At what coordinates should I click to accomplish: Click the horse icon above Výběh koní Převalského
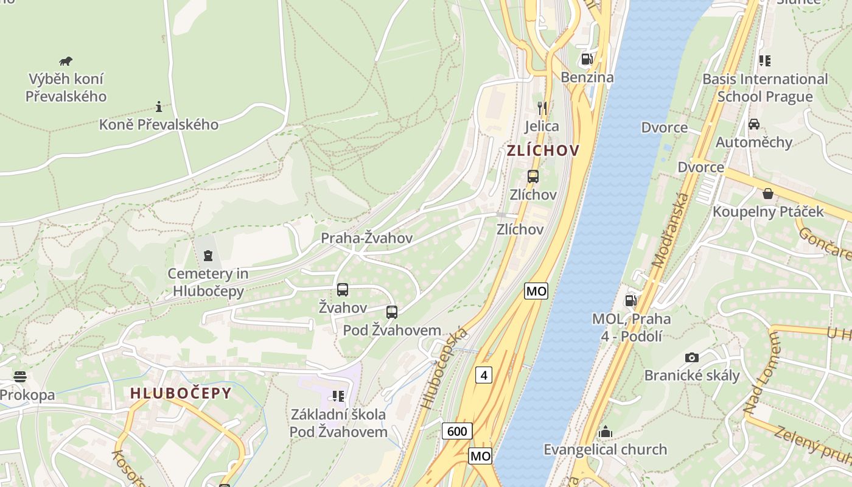(66, 61)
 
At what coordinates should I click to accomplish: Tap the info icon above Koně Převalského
(159, 107)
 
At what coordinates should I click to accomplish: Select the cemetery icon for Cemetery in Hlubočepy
(208, 255)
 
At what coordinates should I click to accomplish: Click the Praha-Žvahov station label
(366, 238)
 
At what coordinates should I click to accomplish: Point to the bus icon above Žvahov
(343, 290)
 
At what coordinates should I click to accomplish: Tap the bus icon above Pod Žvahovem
(392, 312)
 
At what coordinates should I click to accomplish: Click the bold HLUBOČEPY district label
(181, 393)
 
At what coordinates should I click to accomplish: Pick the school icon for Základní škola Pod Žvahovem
(338, 396)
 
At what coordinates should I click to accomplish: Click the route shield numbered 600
(456, 432)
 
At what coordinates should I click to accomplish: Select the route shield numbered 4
(484, 375)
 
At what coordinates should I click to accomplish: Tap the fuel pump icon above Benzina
(587, 59)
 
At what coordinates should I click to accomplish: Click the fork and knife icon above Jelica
(542, 108)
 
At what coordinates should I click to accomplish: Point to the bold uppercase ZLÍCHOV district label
(543, 150)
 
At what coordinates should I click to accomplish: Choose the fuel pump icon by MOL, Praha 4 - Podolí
(631, 300)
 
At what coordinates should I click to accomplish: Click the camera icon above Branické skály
(692, 357)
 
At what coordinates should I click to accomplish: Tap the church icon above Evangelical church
(605, 432)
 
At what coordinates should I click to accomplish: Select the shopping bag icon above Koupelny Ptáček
(768, 194)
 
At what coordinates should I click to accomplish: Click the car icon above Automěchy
(754, 124)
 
